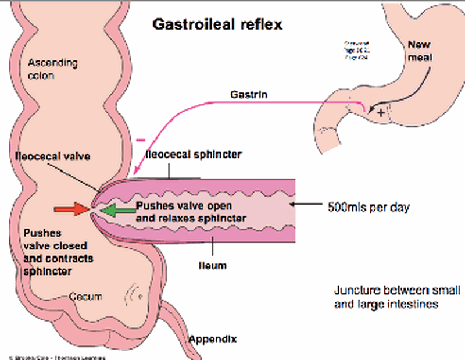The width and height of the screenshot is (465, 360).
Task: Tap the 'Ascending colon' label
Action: point(52,69)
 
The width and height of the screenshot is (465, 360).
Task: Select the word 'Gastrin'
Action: point(249,93)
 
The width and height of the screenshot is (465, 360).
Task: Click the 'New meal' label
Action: point(420,50)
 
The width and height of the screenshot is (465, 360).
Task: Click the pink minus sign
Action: point(140,140)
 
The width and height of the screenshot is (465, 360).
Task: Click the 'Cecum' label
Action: point(85,297)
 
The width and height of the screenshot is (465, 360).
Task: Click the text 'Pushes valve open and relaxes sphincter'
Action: point(192,212)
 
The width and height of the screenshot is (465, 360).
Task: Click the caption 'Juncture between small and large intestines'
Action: point(398,297)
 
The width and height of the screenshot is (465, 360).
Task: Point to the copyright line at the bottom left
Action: point(53,355)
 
